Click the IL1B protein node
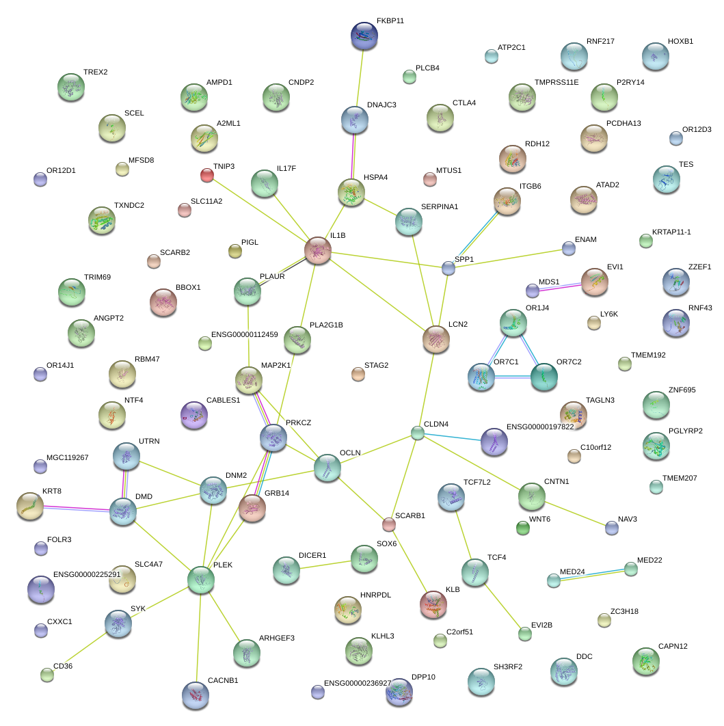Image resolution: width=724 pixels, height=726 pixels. (318, 250)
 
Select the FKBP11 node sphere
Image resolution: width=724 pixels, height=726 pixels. (364, 36)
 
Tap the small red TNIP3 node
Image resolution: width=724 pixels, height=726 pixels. (207, 175)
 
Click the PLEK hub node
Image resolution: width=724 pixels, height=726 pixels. (201, 579)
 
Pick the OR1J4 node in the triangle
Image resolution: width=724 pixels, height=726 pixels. (513, 322)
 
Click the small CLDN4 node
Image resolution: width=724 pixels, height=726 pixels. (418, 433)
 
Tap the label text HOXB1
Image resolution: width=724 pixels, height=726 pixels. (680, 41)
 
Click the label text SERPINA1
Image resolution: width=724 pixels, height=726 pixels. (439, 206)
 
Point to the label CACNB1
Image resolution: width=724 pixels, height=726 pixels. (222, 680)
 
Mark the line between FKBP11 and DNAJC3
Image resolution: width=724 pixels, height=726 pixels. (360, 77)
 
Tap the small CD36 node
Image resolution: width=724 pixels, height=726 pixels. (47, 675)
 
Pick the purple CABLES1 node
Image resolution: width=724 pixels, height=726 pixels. (193, 414)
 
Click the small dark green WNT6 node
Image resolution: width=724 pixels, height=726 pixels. (522, 528)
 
